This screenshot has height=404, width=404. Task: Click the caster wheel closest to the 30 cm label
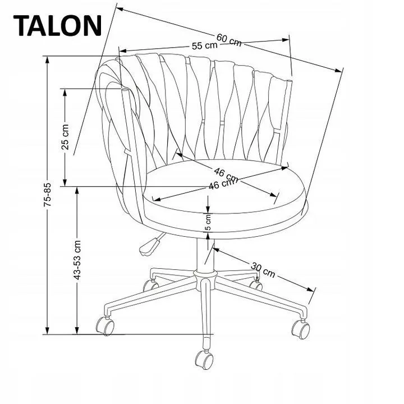(256, 284)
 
